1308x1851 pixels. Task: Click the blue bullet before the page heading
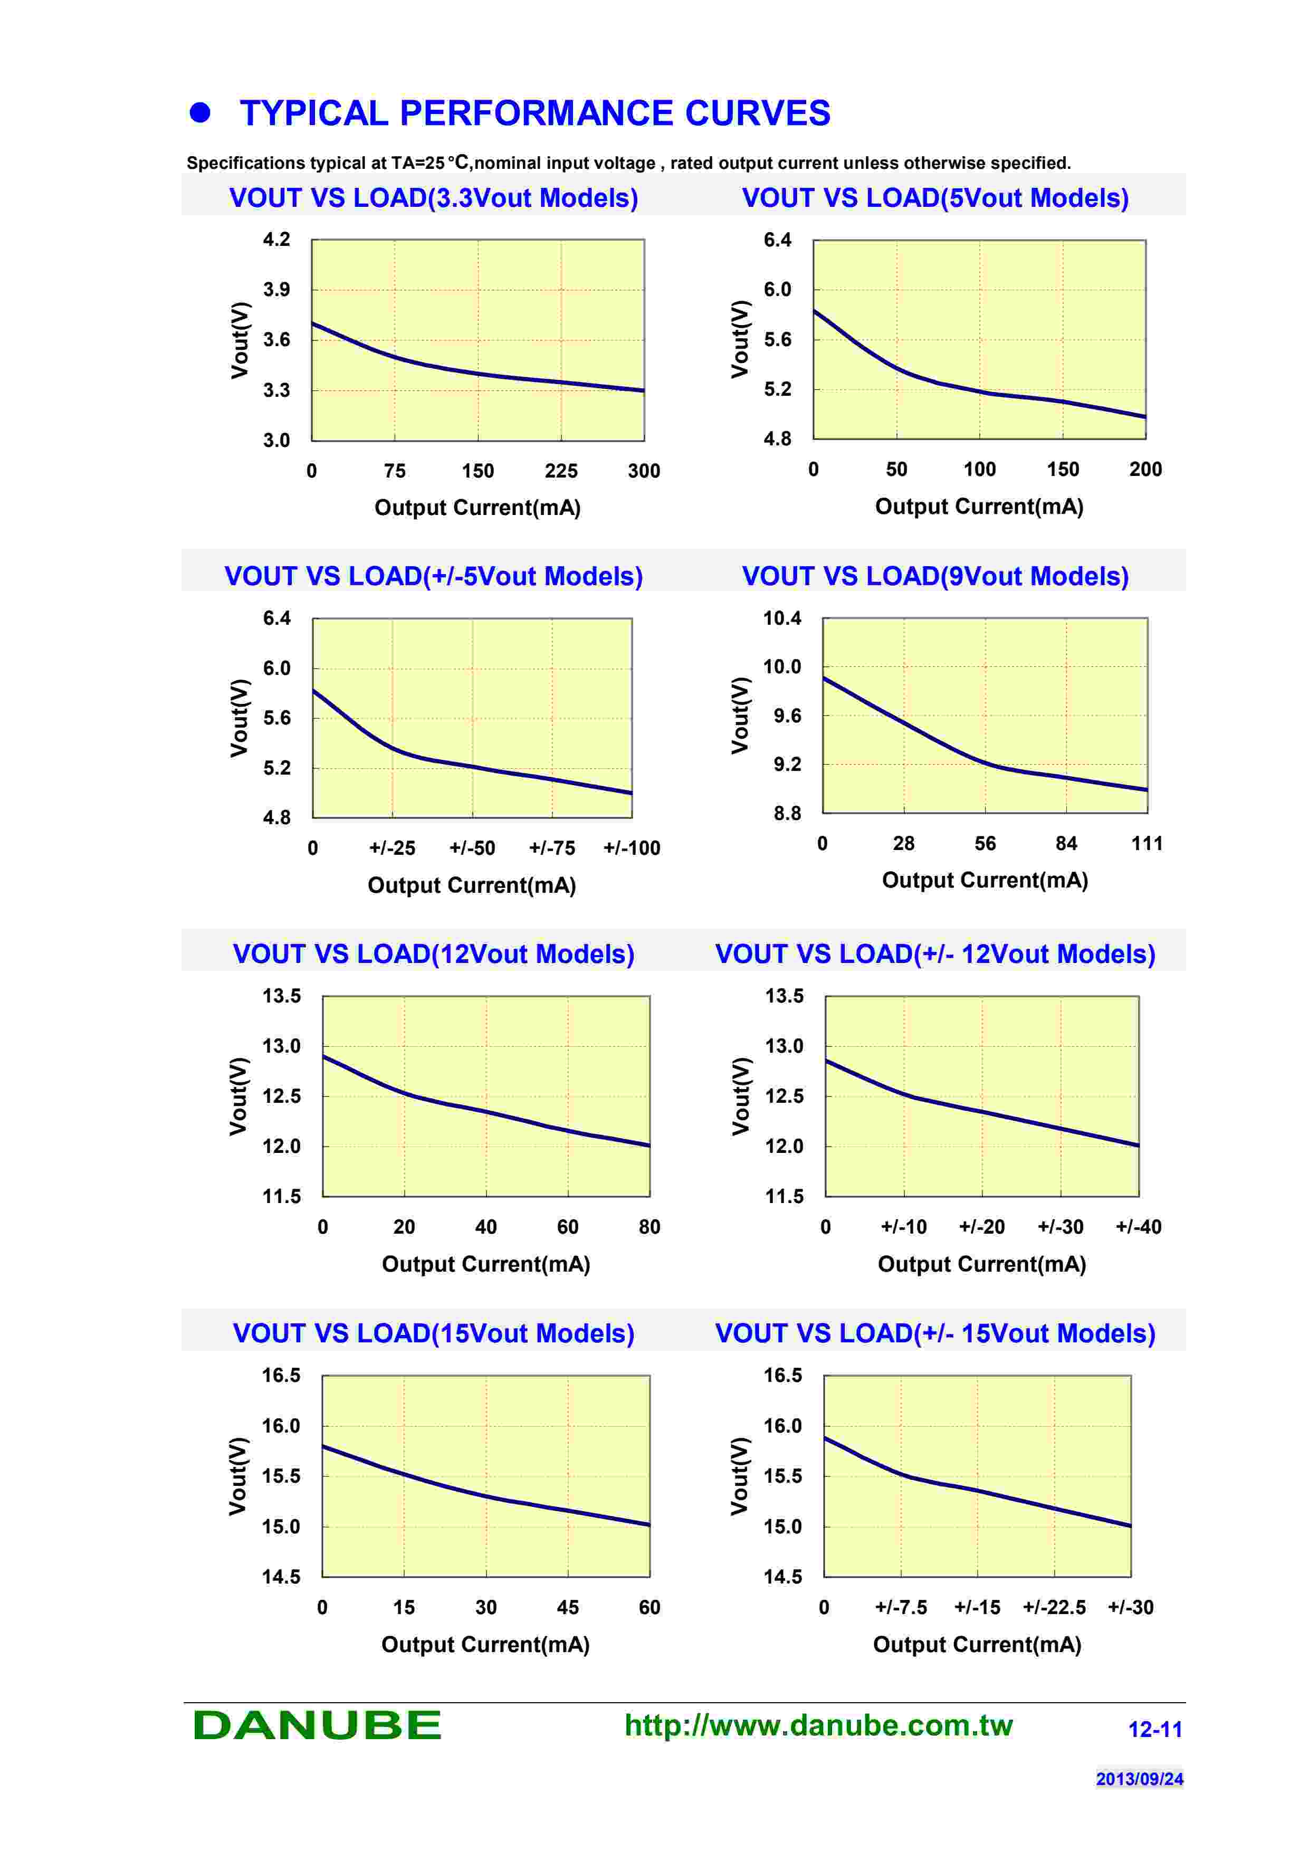200,113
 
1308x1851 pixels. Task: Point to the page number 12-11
1155,1729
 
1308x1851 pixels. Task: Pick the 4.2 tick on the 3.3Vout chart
276,240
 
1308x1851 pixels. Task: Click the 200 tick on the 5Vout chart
1145,469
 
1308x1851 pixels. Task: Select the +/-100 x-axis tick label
632,848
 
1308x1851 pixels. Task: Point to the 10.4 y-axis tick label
782,618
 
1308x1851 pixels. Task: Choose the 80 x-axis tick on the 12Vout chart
649,1227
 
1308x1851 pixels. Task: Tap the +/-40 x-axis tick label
1138,1227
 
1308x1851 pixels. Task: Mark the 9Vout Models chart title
935,576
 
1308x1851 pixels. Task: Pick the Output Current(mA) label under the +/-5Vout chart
472,885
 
